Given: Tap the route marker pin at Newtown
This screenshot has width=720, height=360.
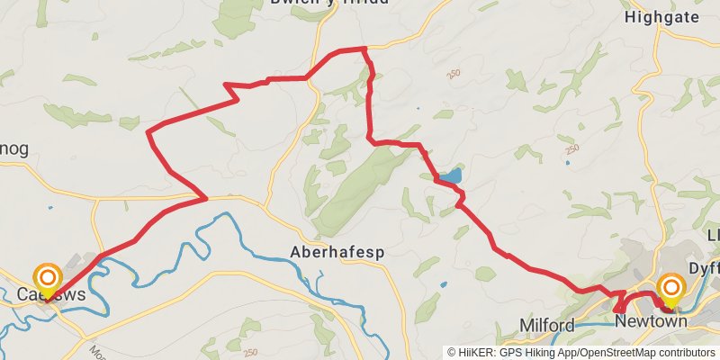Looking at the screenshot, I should [x=671, y=289].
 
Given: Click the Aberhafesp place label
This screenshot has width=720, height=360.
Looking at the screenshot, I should [x=337, y=253].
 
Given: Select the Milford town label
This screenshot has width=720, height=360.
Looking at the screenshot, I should [x=547, y=324].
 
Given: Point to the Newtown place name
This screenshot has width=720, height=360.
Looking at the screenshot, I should [x=644, y=320].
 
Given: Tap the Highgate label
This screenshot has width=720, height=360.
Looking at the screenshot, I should [x=661, y=16].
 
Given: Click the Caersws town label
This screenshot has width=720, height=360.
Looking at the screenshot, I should [x=50, y=294].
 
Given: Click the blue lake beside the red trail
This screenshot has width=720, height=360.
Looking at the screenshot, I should [x=450, y=175].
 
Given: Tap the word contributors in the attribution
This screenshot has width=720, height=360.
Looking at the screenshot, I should [x=685, y=352].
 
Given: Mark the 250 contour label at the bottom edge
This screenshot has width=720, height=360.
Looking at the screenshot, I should [x=251, y=352].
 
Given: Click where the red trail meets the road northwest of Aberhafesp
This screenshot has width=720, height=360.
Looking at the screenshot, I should [x=205, y=198].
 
